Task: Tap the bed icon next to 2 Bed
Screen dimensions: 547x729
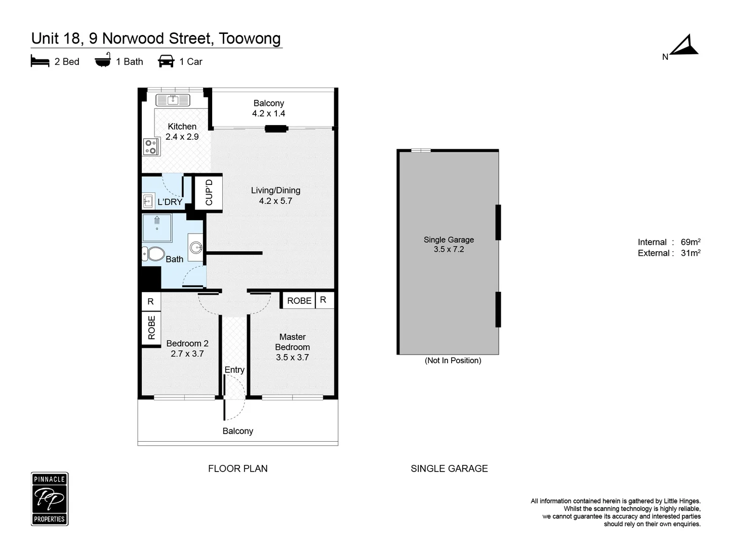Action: [40, 62]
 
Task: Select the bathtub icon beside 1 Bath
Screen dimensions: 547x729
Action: [103, 61]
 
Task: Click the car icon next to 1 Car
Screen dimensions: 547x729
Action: [166, 62]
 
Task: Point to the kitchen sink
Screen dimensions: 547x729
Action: [173, 100]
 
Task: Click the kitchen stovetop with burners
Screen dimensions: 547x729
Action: [151, 147]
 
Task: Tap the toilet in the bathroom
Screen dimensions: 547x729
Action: [153, 253]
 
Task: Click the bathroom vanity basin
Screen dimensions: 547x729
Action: [195, 248]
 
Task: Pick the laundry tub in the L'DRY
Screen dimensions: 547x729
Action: [148, 201]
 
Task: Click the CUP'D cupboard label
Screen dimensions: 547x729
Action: [209, 192]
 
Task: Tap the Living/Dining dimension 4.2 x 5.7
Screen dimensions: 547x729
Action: [275, 201]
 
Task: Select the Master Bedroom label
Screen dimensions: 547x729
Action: [292, 342]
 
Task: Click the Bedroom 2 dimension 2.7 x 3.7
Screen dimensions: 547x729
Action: [187, 354]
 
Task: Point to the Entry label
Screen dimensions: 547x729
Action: [234, 370]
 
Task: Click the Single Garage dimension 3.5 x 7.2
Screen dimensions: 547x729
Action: [449, 249]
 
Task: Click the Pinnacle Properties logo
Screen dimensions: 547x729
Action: [50, 499]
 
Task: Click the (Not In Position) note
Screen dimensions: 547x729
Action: [453, 361]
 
